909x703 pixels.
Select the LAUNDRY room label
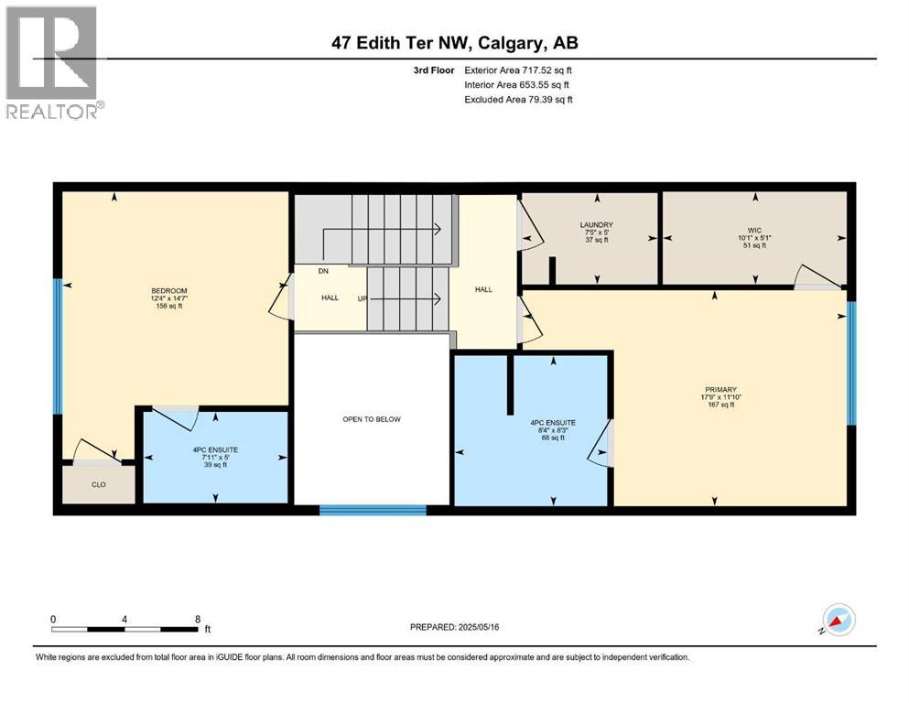click(x=595, y=224)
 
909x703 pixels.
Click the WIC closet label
click(x=754, y=231)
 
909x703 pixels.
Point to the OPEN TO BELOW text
click(x=372, y=419)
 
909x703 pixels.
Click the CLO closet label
click(x=98, y=485)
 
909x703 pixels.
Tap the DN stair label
click(x=324, y=272)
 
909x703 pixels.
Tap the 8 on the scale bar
click(x=197, y=619)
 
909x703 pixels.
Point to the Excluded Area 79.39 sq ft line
click(x=518, y=100)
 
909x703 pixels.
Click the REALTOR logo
click(x=54, y=62)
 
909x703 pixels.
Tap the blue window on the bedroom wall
click(x=57, y=347)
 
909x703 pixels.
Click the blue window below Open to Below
click(x=372, y=510)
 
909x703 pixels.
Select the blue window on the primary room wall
click(x=850, y=363)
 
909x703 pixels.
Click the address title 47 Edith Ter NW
click(x=454, y=43)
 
